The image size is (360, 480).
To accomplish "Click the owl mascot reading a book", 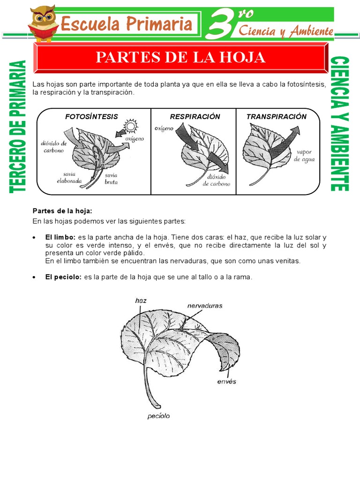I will [x=43, y=23].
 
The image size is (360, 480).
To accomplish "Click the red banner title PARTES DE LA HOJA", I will [x=180, y=57].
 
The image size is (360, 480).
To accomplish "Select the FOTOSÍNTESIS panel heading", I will [x=91, y=117].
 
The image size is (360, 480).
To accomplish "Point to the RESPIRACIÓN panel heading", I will [x=195, y=117].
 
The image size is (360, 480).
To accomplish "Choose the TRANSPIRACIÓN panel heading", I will [x=277, y=117].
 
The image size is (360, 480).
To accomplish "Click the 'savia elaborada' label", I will [x=69, y=177].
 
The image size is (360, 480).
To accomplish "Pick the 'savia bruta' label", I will [x=111, y=178].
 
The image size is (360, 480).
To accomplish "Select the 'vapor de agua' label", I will [x=304, y=156].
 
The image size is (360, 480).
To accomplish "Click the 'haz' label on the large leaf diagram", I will [x=141, y=300].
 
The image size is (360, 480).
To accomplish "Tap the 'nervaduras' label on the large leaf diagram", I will [x=205, y=306].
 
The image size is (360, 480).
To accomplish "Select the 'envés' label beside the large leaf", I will [x=227, y=382].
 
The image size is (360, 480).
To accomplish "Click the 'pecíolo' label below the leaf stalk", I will [x=158, y=416].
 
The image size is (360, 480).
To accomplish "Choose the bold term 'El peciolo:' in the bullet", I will [x=63, y=277].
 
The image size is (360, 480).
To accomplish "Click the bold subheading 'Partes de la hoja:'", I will [x=59, y=211].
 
